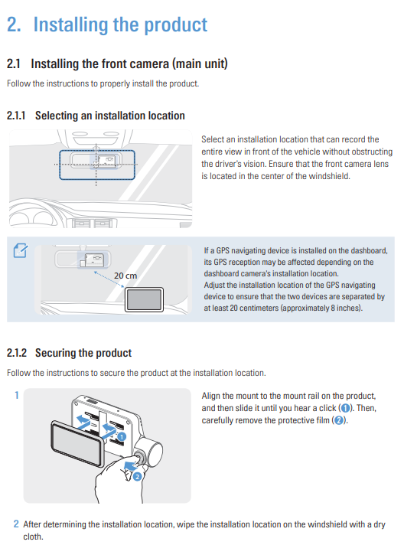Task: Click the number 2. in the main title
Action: pyautogui.click(x=14, y=24)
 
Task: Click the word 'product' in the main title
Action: pyautogui.click(x=175, y=25)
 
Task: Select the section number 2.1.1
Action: pyautogui.click(x=16, y=116)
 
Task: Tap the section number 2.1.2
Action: pyautogui.click(x=17, y=353)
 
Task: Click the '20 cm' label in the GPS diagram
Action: pyautogui.click(x=125, y=276)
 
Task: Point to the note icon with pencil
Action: pyautogui.click(x=21, y=250)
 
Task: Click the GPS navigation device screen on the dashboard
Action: pyautogui.click(x=144, y=299)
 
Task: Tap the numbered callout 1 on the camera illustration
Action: pyautogui.click(x=121, y=436)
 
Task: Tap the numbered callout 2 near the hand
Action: pyautogui.click(x=137, y=477)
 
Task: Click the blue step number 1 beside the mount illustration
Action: pyautogui.click(x=17, y=395)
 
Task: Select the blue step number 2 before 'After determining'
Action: pyautogui.click(x=16, y=524)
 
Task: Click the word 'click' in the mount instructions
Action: pyautogui.click(x=327, y=408)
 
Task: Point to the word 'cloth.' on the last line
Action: pyautogui.click(x=34, y=537)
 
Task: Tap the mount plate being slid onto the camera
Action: pyautogui.click(x=77, y=442)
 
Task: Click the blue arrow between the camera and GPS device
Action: pyautogui.click(x=109, y=280)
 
